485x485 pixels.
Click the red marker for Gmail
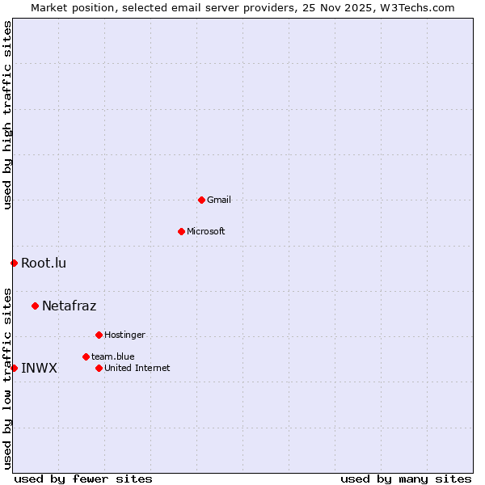(x=201, y=200)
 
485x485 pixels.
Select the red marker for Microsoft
(x=181, y=231)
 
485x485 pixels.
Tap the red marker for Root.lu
(x=14, y=263)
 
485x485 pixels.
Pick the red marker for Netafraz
(x=35, y=306)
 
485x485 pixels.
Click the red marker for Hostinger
(x=99, y=335)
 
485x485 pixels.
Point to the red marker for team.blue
(x=86, y=356)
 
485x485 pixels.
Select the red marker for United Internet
(x=99, y=368)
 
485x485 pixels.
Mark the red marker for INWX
(x=14, y=368)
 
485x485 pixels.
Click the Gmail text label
(x=219, y=200)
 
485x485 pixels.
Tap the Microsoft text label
(x=206, y=231)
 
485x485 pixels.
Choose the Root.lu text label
(x=44, y=263)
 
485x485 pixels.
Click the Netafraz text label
(x=69, y=306)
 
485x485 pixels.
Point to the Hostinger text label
(x=124, y=335)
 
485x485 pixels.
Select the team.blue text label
(x=113, y=356)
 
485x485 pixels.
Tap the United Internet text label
(x=137, y=368)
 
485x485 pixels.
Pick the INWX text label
(x=39, y=368)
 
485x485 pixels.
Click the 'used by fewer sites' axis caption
(x=83, y=479)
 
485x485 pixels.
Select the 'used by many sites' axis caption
(x=406, y=479)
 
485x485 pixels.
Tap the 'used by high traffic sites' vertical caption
(x=7, y=115)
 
